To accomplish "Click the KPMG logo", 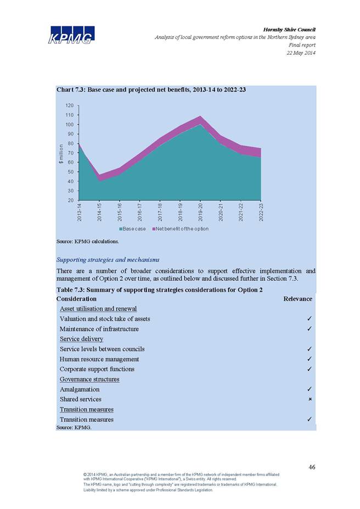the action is (71, 35).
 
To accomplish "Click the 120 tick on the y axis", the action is (70, 105).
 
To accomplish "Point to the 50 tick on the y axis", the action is (71, 172).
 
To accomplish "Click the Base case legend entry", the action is (133, 229).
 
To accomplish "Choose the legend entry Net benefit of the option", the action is (181, 229).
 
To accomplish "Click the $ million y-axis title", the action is (61, 154).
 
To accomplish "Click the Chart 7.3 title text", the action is (151, 89).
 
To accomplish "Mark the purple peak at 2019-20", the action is (200, 116).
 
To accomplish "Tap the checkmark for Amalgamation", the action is (310, 389).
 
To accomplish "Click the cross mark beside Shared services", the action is (310, 399).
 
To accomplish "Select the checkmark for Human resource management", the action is (310, 359).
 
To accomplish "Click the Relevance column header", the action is (297, 298).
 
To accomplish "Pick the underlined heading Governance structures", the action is (89, 379).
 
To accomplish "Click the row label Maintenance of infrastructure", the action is (99, 329).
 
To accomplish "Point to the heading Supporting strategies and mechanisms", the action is (108, 259).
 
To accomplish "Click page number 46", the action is (312, 467).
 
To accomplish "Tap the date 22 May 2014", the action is (301, 53).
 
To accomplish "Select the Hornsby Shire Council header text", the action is (289, 30).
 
